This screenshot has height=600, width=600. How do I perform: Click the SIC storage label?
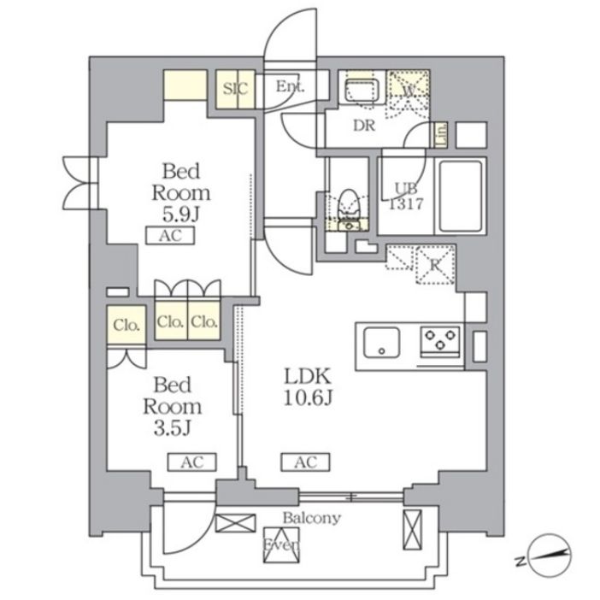pos(234,88)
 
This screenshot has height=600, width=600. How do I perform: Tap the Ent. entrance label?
pos(291,86)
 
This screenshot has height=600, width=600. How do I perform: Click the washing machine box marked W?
pos(408,88)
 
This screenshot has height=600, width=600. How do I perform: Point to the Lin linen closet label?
pos(441,135)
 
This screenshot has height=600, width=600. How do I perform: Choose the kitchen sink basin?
pos(382,344)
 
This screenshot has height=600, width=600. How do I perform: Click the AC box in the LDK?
pos(305,462)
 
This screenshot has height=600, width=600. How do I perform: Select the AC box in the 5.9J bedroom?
pos(170,237)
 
